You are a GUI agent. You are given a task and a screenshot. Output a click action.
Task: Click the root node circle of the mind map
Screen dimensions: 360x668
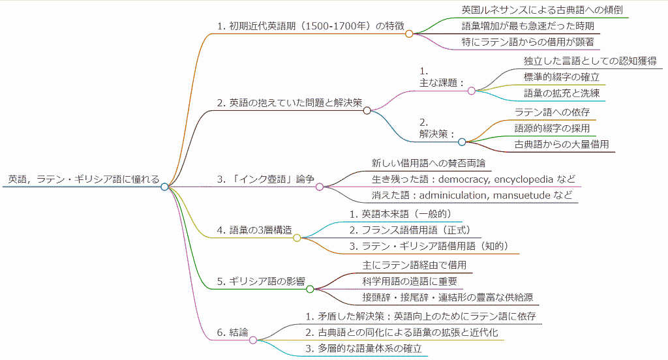[164, 187]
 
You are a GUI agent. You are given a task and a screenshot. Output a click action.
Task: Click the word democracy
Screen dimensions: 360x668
[463, 179]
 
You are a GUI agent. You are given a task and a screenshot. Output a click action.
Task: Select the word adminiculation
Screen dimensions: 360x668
[454, 196]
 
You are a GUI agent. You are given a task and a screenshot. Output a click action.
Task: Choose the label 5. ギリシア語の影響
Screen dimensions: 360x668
[260, 281]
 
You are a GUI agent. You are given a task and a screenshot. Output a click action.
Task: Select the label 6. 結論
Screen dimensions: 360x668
[232, 332]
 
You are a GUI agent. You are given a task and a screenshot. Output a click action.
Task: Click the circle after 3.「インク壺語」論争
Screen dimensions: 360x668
[320, 187]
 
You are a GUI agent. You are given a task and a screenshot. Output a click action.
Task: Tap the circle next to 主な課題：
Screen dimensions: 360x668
[472, 91]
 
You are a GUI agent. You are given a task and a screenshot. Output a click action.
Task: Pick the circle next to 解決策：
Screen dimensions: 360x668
[462, 142]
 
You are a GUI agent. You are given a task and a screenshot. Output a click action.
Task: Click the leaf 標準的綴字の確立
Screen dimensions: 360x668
[561, 77]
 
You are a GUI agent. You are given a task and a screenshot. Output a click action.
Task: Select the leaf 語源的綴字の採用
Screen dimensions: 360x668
[552, 128]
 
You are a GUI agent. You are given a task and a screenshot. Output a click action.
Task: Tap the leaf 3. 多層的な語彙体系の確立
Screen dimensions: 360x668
[363, 349]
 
